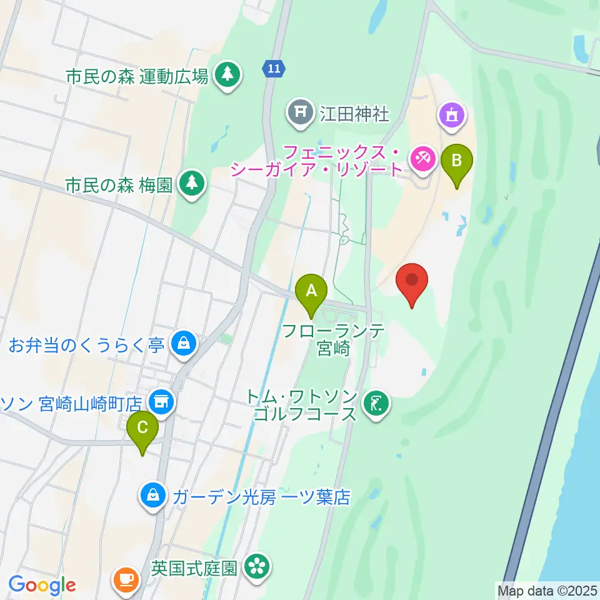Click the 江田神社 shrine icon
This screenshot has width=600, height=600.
pos(299,112)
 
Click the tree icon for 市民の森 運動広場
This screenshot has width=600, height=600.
pos(226,76)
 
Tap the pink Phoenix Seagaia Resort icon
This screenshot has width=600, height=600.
pos(423,159)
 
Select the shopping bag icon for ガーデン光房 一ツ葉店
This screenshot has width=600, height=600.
pos(153,496)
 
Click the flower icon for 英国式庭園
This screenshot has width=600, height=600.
pos(256,567)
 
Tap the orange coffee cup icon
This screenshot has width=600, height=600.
pos(126,579)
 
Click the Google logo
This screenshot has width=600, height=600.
pos(42,585)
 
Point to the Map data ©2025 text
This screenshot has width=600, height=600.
pos(547,590)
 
